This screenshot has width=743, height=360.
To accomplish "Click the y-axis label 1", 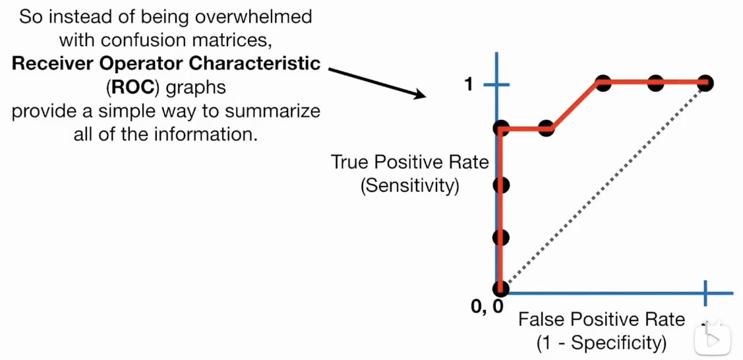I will click(x=469, y=84).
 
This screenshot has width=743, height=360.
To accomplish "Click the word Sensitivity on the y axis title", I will click(x=409, y=185).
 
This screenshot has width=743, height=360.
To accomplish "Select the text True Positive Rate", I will click(x=409, y=162).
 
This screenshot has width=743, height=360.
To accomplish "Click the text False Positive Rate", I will click(x=601, y=320).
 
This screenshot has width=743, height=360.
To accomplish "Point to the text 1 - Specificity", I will click(x=601, y=343).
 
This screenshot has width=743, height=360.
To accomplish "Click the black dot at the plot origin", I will click(x=501, y=289).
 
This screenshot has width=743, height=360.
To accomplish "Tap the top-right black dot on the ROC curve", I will click(x=706, y=83).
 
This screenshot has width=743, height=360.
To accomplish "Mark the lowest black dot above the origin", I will click(x=501, y=237).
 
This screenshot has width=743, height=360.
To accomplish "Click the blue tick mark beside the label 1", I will click(x=497, y=84).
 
